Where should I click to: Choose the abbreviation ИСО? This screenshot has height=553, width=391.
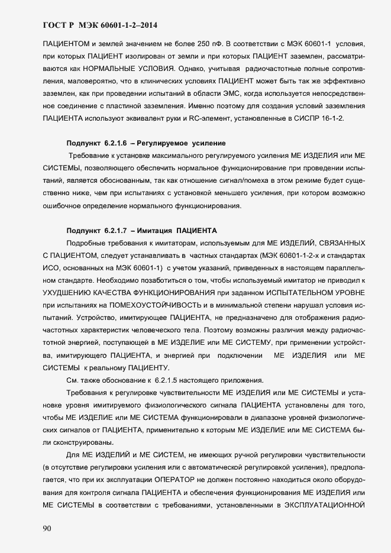pos(52,268)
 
